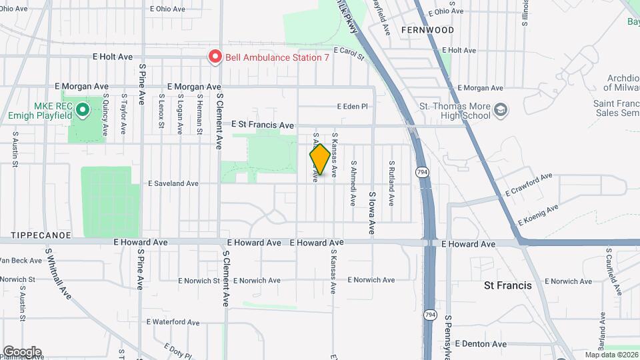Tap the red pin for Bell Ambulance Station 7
pyautogui.click(x=215, y=57)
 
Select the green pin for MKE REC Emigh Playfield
pyautogui.click(x=82, y=109)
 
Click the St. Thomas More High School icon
pyautogui.click(x=500, y=109)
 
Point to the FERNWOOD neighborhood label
pyautogui.click(x=428, y=30)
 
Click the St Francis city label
pyautogui.click(x=507, y=285)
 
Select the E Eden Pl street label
pyautogui.click(x=352, y=106)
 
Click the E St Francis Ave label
pyautogui.click(x=263, y=125)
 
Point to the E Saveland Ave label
pyautogui.click(x=173, y=183)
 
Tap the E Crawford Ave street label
pyautogui.click(x=529, y=184)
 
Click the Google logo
pyautogui.click(x=22, y=351)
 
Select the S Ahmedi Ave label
pyautogui.click(x=353, y=183)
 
